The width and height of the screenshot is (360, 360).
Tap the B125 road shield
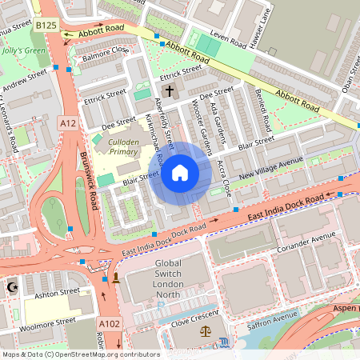(46, 26)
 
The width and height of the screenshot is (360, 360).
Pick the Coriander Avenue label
(308, 241)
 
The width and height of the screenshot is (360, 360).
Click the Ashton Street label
(54, 294)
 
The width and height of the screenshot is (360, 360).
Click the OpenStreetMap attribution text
(80, 354)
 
